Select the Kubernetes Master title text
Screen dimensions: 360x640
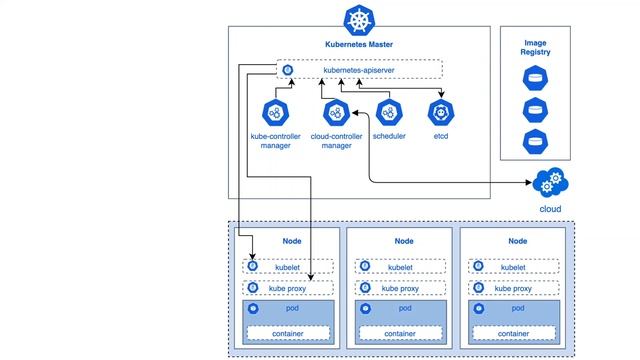pos(359,44)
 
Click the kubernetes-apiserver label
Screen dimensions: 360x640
pos(359,70)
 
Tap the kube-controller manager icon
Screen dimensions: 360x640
pos(276,113)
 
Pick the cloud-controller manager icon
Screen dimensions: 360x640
pos(338,113)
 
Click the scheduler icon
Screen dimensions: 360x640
pos(388,113)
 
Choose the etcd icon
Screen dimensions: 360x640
pos(441,113)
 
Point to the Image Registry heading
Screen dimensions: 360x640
pos(536,46)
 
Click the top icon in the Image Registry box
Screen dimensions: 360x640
pos(536,78)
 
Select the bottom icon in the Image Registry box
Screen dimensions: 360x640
pos(536,141)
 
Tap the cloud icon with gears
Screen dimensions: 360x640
pos(549,184)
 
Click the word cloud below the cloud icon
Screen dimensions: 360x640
pos(549,209)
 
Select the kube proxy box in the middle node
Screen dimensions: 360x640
pos(401,288)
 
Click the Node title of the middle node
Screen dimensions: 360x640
pos(403,241)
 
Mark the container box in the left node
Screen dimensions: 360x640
pos(288,333)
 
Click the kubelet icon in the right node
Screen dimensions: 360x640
pos(480,267)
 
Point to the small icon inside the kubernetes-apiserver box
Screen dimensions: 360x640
pos(288,70)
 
